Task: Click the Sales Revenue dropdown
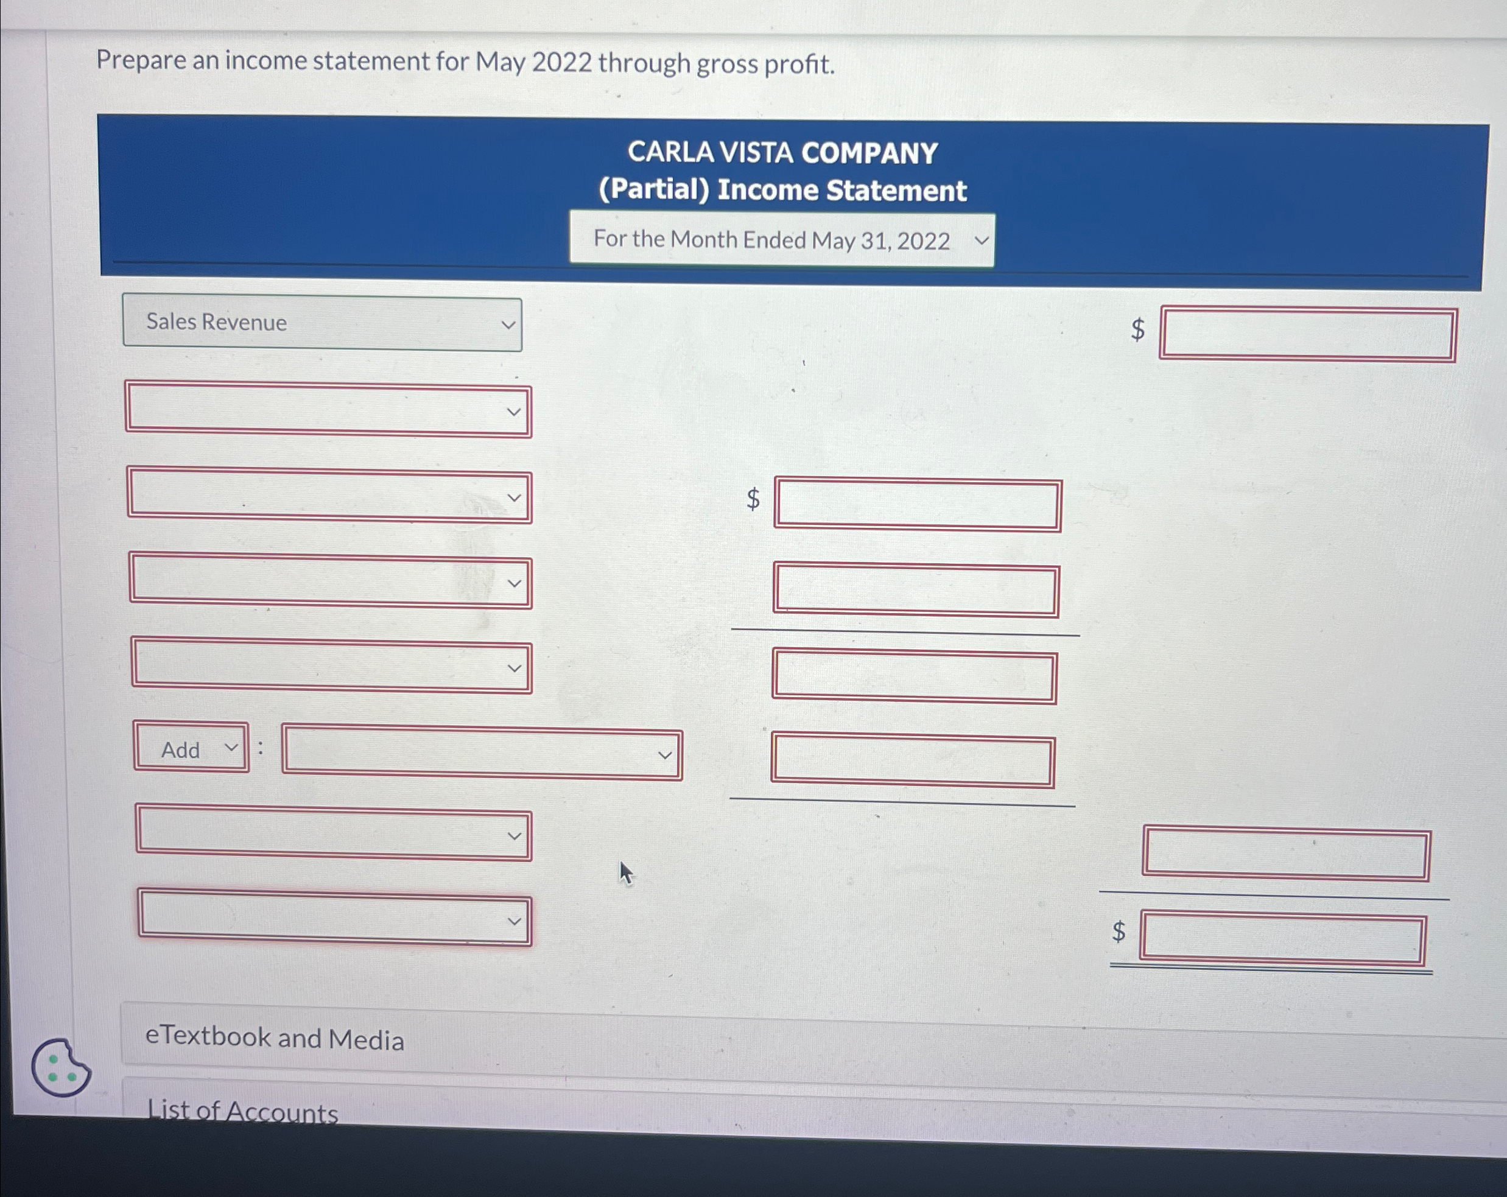[x=321, y=323]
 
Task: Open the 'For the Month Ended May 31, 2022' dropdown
[x=781, y=240]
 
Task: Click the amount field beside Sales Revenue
[x=1307, y=335]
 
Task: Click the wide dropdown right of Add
[x=482, y=754]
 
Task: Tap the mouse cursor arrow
[x=625, y=872]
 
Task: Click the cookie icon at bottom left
[x=60, y=1068]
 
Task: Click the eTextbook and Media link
[x=274, y=1038]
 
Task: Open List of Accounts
[x=242, y=1111]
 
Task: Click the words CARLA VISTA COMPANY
[x=782, y=152]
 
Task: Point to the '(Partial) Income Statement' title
[x=782, y=190]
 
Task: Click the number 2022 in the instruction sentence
[x=561, y=62]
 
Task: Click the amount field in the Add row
[x=912, y=761]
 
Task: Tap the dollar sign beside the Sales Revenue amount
[x=1138, y=329]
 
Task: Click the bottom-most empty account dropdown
[x=334, y=919]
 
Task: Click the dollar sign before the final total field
[x=1119, y=932]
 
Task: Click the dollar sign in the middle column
[x=753, y=499]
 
